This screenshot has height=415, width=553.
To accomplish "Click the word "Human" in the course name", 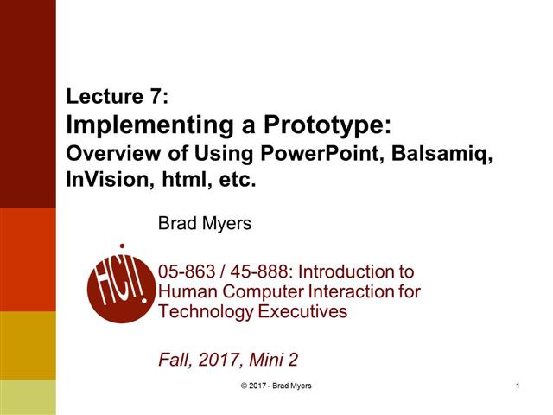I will (x=185, y=291).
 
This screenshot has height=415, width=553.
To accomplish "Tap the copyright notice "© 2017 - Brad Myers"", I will (x=276, y=386).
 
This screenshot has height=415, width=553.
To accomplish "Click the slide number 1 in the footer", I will (x=516, y=386).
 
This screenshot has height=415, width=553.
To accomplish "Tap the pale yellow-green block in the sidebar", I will (x=28, y=397).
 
